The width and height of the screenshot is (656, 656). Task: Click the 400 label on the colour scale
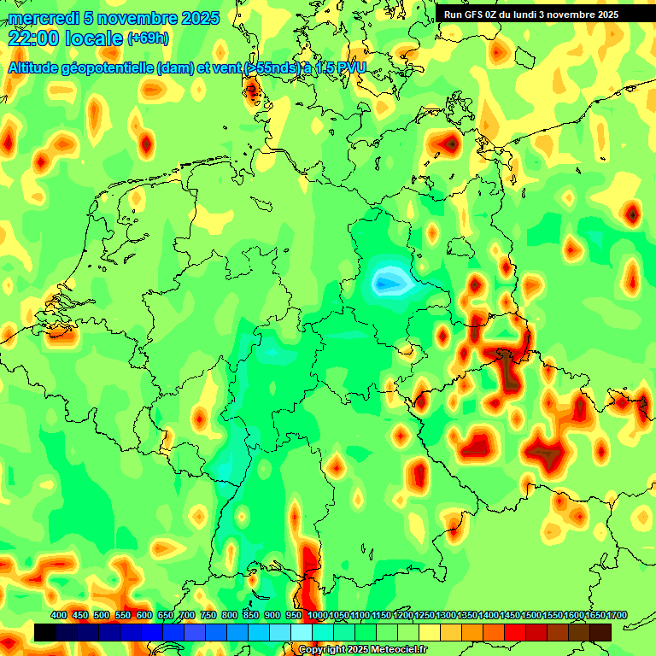tap(59, 615)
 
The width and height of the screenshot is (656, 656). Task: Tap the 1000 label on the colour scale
tap(317, 615)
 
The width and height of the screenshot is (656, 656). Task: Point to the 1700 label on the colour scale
tap(594, 615)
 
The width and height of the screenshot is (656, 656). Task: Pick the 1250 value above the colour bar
tap(425, 615)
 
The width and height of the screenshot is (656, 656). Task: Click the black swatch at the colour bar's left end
tap(45, 632)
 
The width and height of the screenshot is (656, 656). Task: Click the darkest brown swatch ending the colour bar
tap(600, 632)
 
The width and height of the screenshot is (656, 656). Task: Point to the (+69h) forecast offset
tap(148, 38)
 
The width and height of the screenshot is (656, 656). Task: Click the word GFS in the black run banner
tap(475, 15)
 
